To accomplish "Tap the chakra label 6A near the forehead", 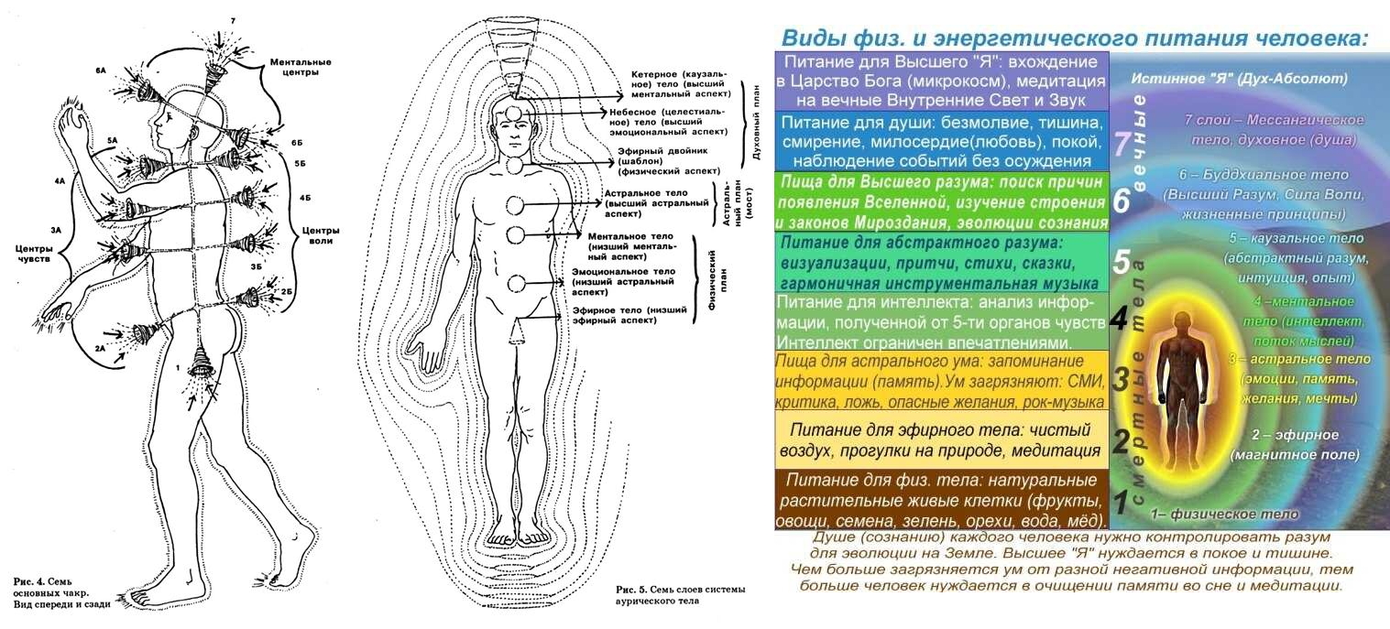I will coord(101,70).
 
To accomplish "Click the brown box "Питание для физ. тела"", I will coord(940,499).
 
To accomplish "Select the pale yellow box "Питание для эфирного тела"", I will coord(940,439).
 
